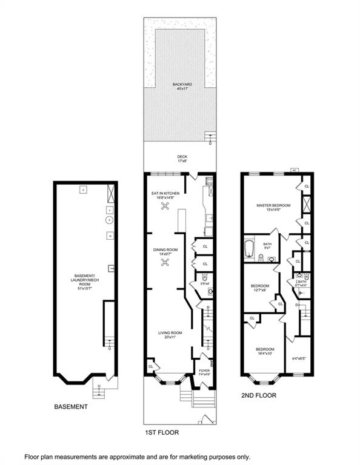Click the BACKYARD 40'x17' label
179,85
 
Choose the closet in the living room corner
150,366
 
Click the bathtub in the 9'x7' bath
250,248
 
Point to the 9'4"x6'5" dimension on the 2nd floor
299,358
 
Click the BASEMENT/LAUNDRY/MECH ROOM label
83,283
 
